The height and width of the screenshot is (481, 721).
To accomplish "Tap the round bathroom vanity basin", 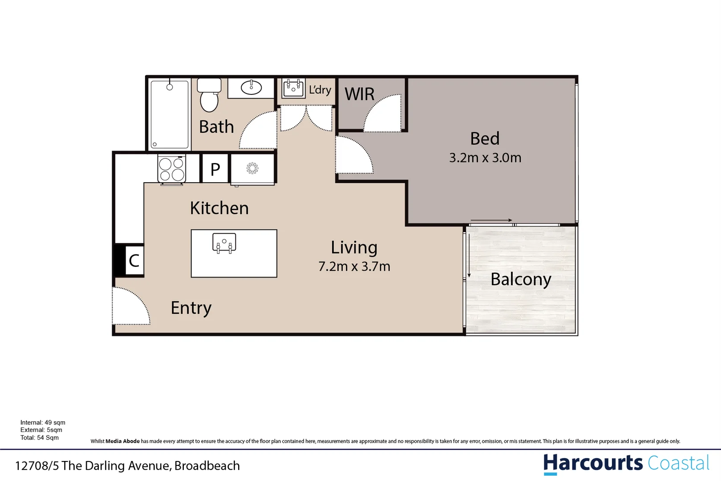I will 251,87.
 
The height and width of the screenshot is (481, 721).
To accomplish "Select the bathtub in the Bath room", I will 169,114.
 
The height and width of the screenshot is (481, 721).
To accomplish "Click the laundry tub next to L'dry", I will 293,88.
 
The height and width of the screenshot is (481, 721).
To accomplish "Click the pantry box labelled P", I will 215,169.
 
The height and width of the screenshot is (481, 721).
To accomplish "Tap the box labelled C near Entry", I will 134,261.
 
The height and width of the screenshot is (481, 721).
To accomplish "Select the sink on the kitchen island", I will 224,243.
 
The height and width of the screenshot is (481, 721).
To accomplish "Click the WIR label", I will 359,94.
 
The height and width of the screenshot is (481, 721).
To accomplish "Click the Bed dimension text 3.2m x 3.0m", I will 485,158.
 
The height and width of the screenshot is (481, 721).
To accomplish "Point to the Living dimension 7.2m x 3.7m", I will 354,266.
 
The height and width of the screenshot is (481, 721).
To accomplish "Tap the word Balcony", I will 520,279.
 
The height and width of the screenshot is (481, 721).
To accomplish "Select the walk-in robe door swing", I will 383,114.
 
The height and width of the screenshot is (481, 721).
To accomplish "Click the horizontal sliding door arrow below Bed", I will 491,220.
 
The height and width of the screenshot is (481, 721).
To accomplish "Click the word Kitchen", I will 219,208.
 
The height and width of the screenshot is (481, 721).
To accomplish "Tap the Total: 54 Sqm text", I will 39,438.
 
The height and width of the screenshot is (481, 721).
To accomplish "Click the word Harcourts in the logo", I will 592,463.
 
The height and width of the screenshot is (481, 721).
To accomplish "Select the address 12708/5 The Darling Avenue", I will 127,466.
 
